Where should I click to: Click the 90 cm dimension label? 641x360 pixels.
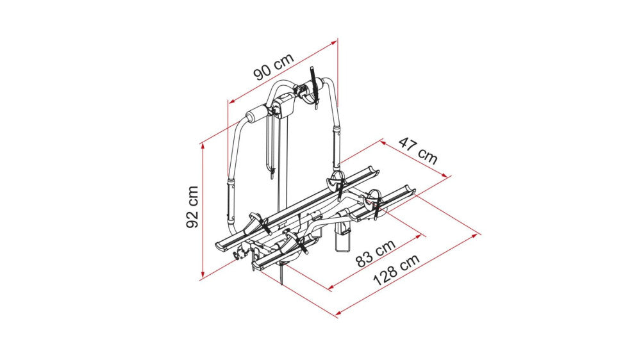click(274, 66)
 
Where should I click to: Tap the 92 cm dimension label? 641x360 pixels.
click(192, 207)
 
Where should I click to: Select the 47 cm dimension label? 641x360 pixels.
click(418, 151)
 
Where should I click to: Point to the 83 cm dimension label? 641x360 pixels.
click(376, 254)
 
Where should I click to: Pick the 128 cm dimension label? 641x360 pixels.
click(396, 270)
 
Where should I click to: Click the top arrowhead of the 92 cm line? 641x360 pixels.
click(203, 145)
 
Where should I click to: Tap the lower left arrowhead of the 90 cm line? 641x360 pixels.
click(231, 101)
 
